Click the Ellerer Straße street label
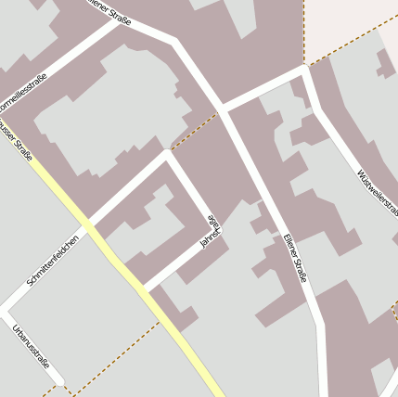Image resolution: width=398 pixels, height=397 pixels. [295, 258]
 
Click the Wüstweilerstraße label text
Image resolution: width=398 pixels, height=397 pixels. [376, 189]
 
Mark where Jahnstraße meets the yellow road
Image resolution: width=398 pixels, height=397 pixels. [145, 290]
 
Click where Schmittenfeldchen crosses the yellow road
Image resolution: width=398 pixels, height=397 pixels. [91, 223]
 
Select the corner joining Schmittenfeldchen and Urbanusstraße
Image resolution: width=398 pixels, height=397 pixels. [7, 304]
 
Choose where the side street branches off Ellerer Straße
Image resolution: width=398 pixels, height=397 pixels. [223, 107]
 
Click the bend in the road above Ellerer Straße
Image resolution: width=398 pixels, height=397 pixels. [173, 43]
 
